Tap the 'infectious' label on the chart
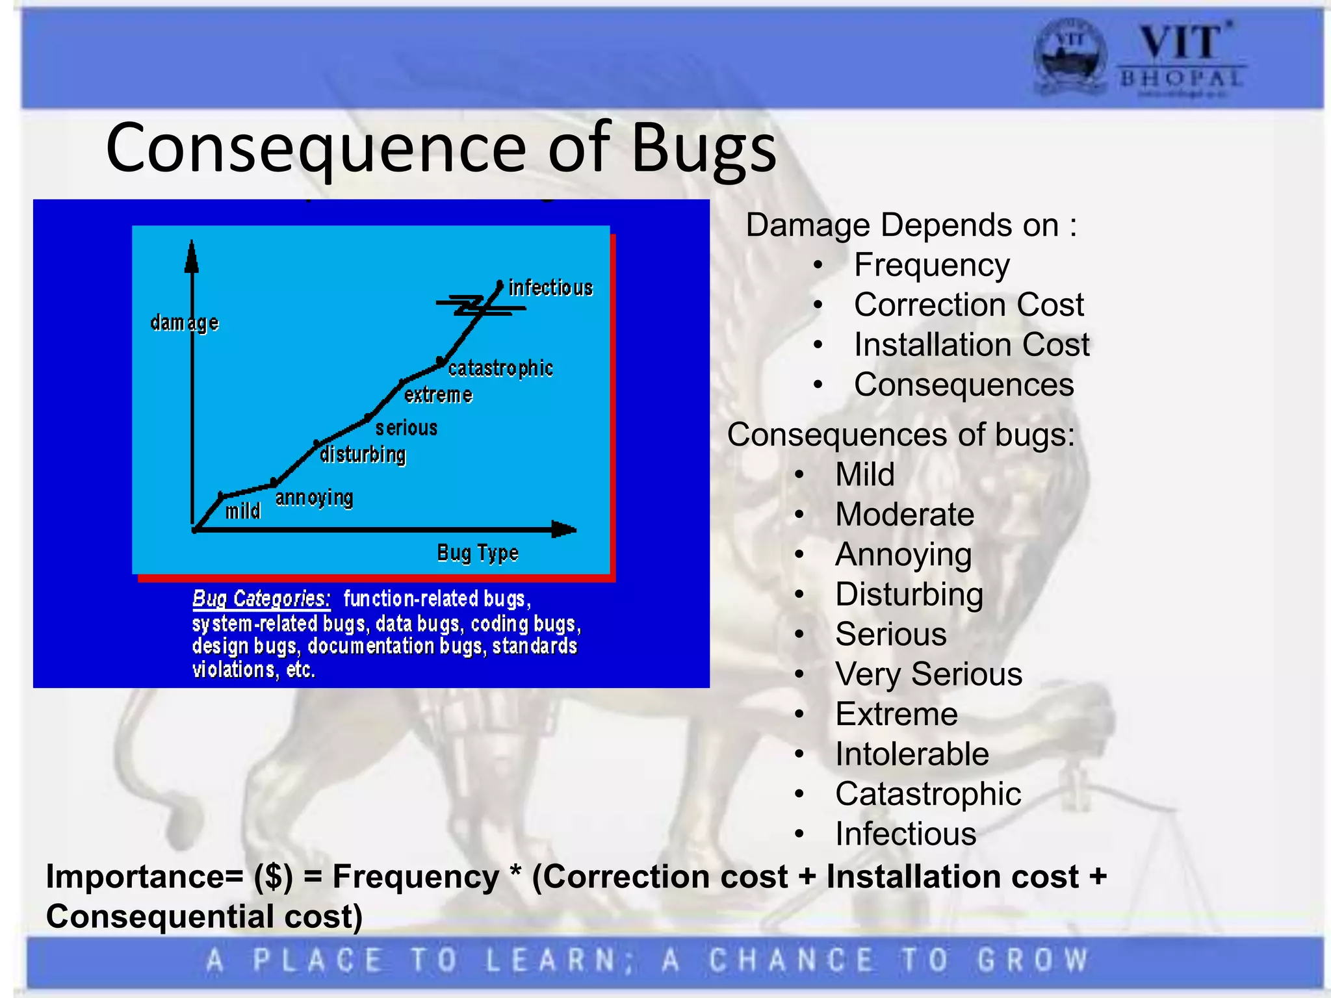550,288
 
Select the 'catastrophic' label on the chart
500,368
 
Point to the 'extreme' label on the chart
438,395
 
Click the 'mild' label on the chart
243,511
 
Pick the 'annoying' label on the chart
314,498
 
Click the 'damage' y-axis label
184,322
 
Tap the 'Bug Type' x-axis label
478,553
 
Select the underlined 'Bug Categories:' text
261,598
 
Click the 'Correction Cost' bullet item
968,305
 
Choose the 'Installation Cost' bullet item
971,345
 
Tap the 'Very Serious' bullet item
928,674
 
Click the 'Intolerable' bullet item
912,754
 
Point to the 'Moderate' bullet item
904,515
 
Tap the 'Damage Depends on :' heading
911,225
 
